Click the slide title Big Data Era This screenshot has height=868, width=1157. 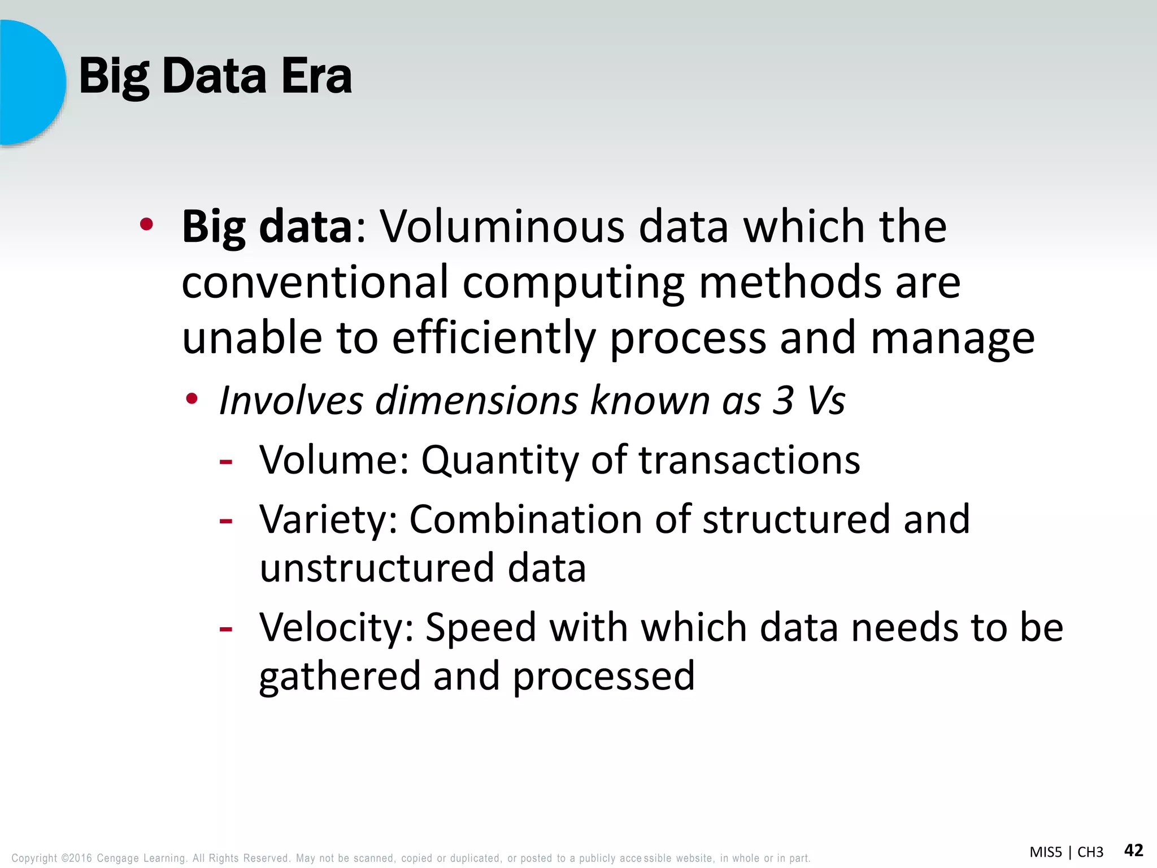[215, 76]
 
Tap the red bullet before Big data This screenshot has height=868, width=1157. [147, 225]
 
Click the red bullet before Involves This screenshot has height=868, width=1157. [193, 400]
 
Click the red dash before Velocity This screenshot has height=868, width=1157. [226, 628]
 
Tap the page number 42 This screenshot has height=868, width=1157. [1133, 850]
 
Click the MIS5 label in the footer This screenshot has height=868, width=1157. [1046, 852]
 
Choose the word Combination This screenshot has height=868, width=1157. [525, 519]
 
